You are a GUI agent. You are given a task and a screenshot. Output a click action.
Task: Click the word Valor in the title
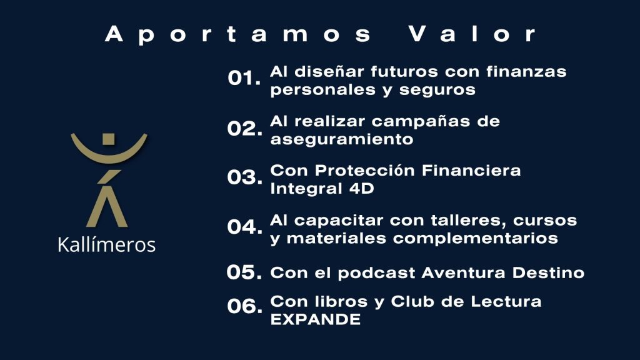[x=472, y=34]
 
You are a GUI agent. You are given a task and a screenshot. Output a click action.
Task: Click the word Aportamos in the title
[x=238, y=34]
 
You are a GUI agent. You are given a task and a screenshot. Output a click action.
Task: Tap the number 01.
[x=244, y=78]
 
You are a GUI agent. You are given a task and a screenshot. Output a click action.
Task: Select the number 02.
[x=244, y=128]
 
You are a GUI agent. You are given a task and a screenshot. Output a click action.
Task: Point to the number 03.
[x=244, y=177]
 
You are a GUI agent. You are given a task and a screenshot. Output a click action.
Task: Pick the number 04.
[x=244, y=227]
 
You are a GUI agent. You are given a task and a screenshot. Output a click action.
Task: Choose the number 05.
[x=244, y=272]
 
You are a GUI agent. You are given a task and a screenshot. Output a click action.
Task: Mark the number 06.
[x=244, y=306]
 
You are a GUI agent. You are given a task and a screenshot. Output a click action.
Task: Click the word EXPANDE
[x=316, y=319]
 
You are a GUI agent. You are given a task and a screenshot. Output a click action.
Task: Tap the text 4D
[x=362, y=189]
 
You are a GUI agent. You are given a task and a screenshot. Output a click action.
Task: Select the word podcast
[x=376, y=272]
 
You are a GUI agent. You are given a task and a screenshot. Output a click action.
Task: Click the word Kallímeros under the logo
[x=106, y=244]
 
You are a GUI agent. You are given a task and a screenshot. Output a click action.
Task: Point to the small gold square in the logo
[x=109, y=139]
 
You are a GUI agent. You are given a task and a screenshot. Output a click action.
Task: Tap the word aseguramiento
[x=342, y=139]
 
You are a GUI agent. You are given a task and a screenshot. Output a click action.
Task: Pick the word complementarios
[x=476, y=238]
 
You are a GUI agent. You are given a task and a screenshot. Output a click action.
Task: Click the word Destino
[x=548, y=272]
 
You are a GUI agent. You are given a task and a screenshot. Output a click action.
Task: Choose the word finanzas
[x=526, y=72]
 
